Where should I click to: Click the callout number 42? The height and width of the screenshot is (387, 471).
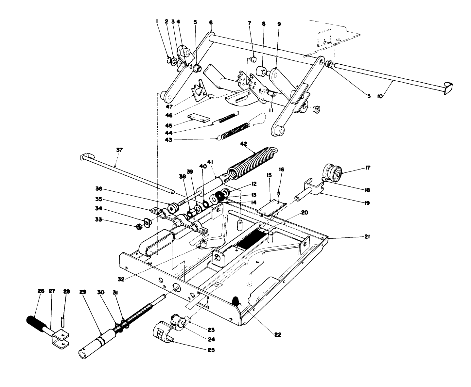pos(244,143)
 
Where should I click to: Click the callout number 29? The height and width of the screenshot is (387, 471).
pos(82,292)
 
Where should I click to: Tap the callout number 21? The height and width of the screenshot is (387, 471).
pos(367,238)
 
